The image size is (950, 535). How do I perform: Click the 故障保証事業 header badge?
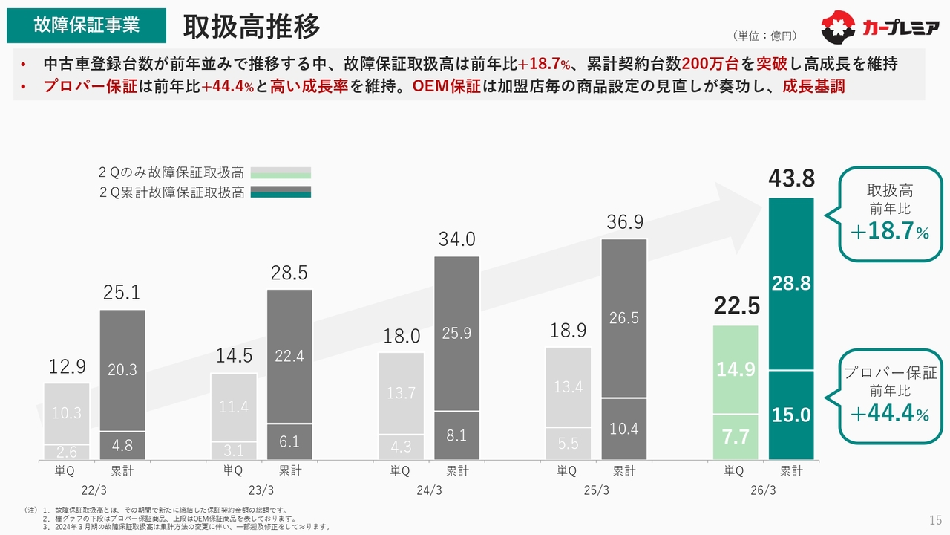[x=86, y=25]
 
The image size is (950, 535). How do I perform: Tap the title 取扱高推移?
[x=252, y=27]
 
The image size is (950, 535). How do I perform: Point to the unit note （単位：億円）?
[x=764, y=36]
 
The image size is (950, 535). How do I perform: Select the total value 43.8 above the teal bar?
[x=791, y=179]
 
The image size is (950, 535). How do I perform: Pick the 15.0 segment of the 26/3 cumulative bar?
[x=791, y=415]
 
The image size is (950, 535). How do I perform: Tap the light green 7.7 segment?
[x=736, y=437]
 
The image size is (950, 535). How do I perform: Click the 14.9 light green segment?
[x=736, y=369]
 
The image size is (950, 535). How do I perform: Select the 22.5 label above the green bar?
[x=736, y=305]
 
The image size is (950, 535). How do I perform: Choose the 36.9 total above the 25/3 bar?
[x=624, y=222]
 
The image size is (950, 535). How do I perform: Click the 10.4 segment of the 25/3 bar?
[x=624, y=429]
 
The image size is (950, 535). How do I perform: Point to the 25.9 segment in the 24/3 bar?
[x=457, y=334]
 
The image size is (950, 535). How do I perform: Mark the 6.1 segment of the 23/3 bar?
[x=289, y=441]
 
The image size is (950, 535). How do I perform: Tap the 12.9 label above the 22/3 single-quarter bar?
[x=67, y=366]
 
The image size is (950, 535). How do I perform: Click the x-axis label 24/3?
[x=429, y=490]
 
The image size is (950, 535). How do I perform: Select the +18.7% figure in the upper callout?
[x=889, y=232]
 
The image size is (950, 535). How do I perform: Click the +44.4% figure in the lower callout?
[x=889, y=413]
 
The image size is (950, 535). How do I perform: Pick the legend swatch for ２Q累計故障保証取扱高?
[x=281, y=192]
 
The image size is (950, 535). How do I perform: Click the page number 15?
[x=935, y=519]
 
